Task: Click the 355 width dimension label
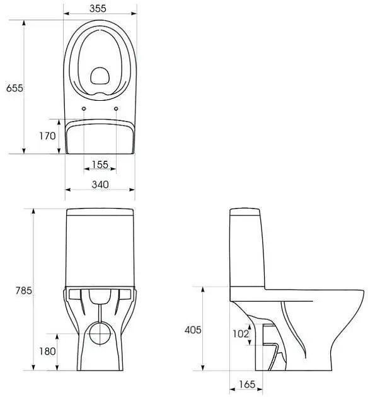coord(98,8)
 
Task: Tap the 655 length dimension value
coord(14,88)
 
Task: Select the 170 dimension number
coord(47,136)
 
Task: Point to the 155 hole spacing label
coord(100,164)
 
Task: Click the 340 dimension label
coord(100,185)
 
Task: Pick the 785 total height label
coord(24,291)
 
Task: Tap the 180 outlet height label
coord(47,351)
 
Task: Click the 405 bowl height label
coord(193,330)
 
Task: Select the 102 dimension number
coord(241,334)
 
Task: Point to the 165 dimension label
coord(247,384)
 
